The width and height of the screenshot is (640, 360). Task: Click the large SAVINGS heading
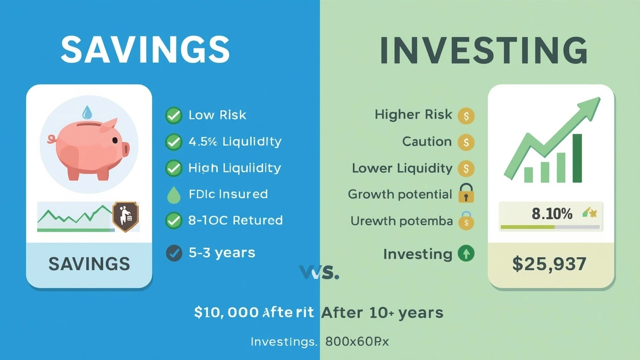pyautogui.click(x=145, y=49)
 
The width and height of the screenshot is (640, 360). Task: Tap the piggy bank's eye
pyautogui.click(x=115, y=140)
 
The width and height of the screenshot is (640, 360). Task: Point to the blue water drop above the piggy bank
pyautogui.click(x=87, y=112)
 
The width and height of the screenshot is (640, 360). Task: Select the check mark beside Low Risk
pyautogui.click(x=173, y=115)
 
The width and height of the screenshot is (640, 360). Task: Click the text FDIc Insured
pyautogui.click(x=228, y=194)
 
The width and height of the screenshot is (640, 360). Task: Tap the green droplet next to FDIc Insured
pyautogui.click(x=173, y=195)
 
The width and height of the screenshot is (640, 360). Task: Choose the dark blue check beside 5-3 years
pyautogui.click(x=174, y=253)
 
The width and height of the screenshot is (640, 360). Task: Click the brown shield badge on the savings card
pyautogui.click(x=126, y=217)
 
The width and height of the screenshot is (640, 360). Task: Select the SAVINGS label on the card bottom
pyautogui.click(x=89, y=264)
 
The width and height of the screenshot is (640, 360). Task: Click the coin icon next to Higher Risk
pyautogui.click(x=466, y=115)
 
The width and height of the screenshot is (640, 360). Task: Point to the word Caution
pyautogui.click(x=427, y=141)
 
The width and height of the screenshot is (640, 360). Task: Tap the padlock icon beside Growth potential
pyautogui.click(x=466, y=194)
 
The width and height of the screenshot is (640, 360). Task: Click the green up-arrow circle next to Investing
pyautogui.click(x=466, y=253)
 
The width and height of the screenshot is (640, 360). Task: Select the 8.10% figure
pyautogui.click(x=552, y=214)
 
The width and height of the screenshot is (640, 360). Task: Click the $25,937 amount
pyautogui.click(x=549, y=264)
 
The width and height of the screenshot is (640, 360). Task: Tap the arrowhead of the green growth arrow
pyautogui.click(x=590, y=106)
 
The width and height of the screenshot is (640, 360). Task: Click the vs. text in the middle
pyautogui.click(x=320, y=272)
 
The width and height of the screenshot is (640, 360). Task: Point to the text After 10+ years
pyautogui.click(x=382, y=313)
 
